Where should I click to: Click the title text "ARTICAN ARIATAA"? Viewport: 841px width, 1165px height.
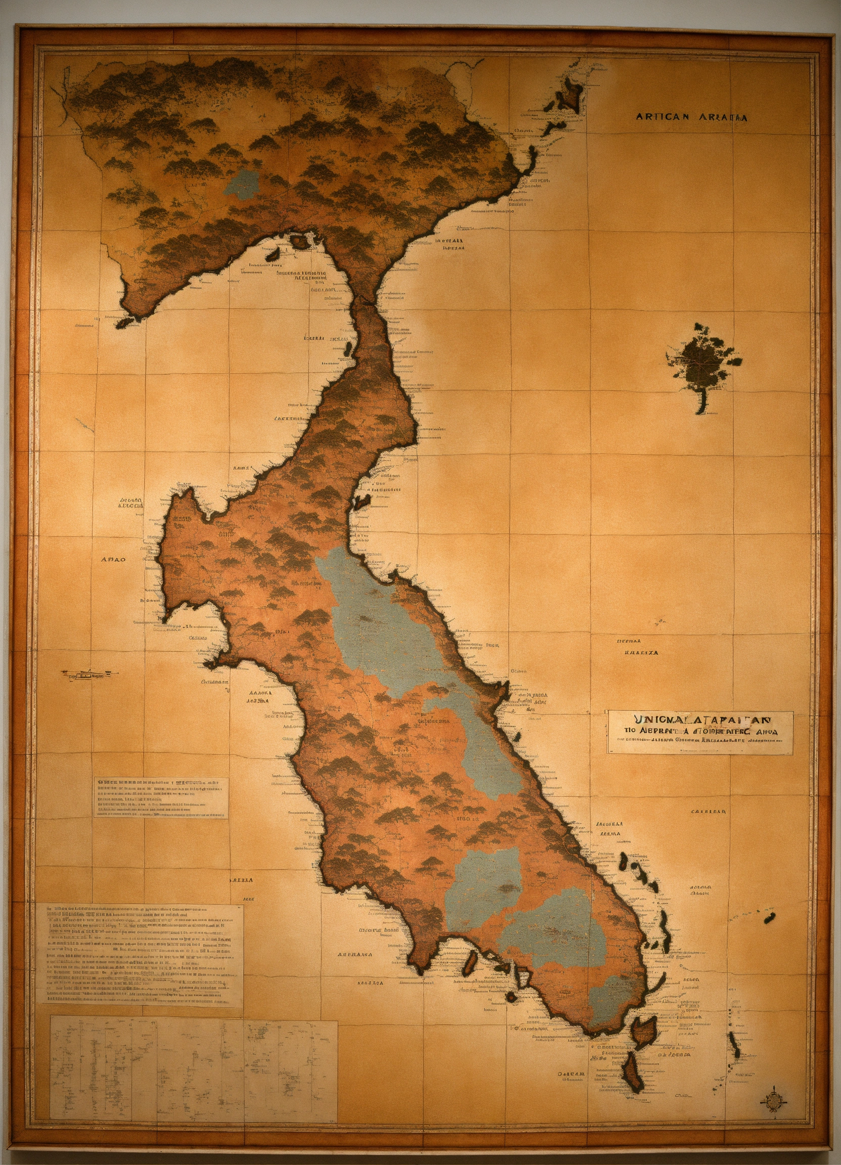pos(691,117)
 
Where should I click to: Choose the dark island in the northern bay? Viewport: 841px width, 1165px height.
pos(298,240)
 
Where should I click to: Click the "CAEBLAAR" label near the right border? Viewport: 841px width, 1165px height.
pos(708,812)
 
